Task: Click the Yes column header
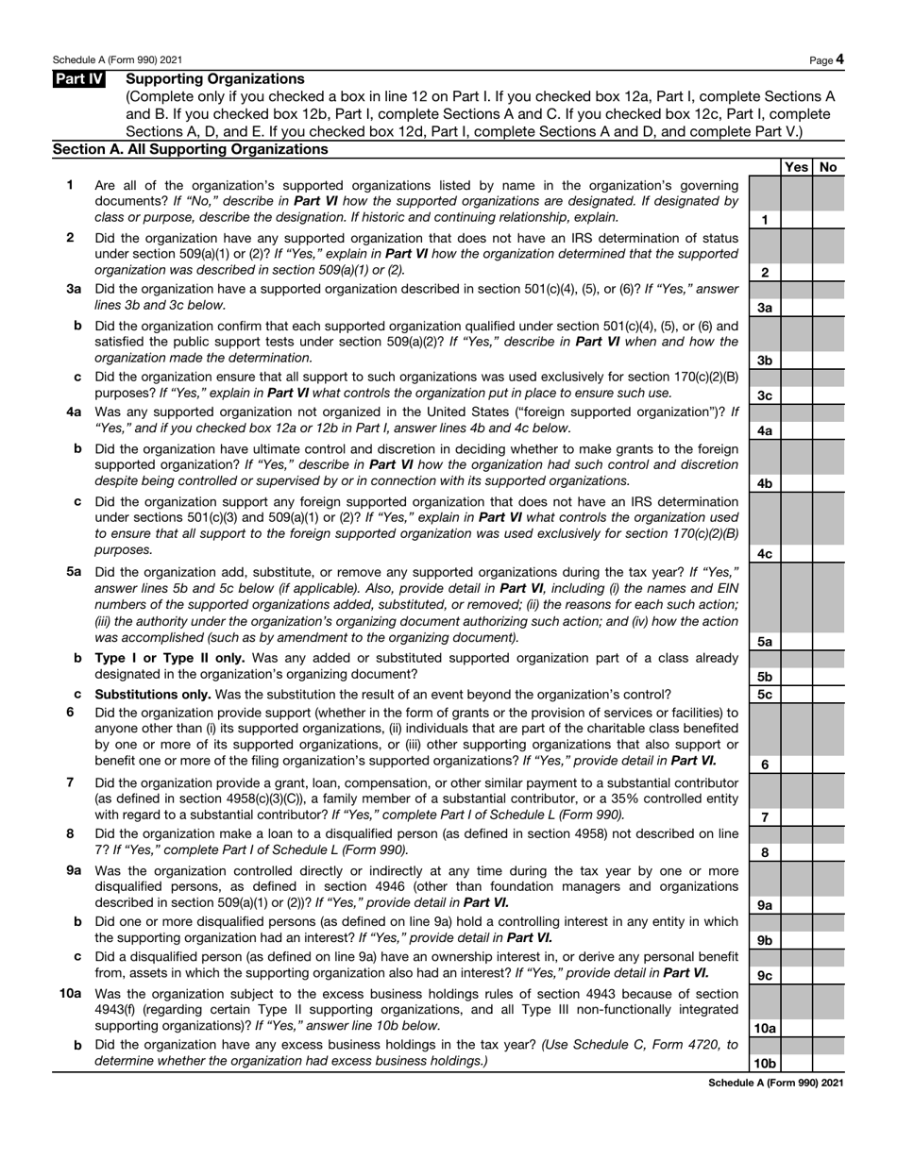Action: click(796, 167)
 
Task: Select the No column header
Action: click(828, 167)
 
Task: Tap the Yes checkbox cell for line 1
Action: click(796, 219)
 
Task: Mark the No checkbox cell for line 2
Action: click(828, 272)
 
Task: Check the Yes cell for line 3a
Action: click(796, 307)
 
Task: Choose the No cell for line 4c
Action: click(828, 553)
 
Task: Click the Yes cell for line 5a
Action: click(796, 641)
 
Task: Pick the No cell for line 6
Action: click(828, 764)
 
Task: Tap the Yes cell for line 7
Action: click(796, 816)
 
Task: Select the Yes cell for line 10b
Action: click(796, 1063)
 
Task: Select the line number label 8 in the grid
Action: click(764, 852)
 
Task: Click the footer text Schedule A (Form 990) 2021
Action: click(775, 1083)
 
